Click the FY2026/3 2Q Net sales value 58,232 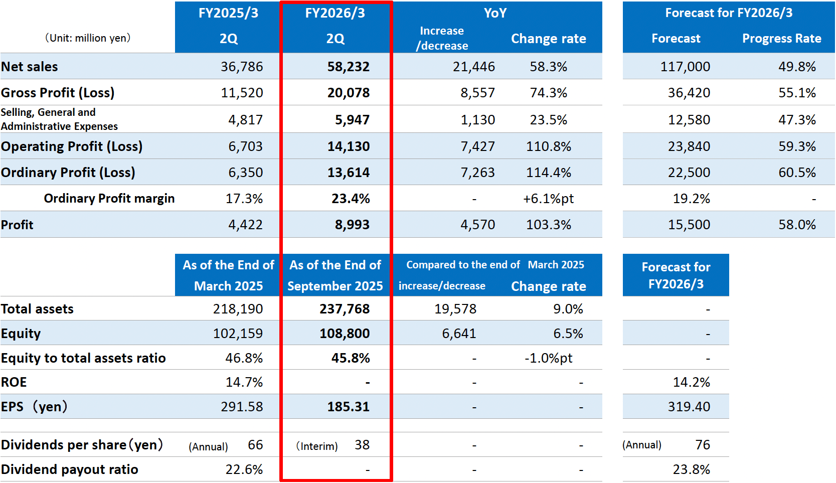[348, 67]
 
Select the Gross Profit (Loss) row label [58, 93]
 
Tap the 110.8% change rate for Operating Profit [548, 146]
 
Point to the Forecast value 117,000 [685, 67]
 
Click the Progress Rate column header [781, 39]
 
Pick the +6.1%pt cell [548, 199]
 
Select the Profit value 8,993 [352, 225]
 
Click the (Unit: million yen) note [88, 38]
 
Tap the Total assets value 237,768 [345, 309]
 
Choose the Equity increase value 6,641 [459, 334]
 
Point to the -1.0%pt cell [548, 358]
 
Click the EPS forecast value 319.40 [689, 407]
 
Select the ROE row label [14, 382]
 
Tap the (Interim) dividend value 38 [362, 445]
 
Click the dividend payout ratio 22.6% [244, 469]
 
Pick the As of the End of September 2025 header [335, 275]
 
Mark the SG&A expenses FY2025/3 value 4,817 [245, 120]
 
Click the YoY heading [495, 13]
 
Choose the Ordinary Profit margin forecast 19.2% [691, 199]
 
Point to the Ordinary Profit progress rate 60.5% [797, 173]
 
